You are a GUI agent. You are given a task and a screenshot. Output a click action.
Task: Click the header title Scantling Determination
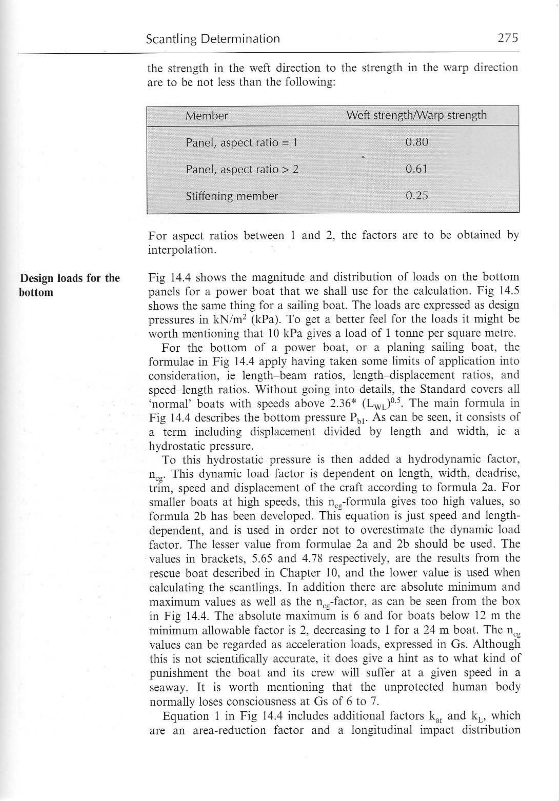point(213,39)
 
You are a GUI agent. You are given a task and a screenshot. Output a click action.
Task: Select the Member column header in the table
point(207,116)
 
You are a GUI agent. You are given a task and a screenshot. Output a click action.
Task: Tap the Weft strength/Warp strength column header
point(416,115)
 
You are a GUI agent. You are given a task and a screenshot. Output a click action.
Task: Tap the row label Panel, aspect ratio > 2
point(242,170)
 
